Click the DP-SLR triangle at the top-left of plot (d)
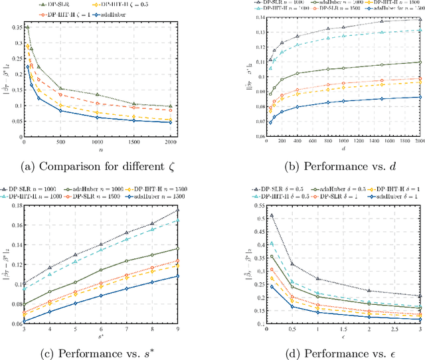pyautogui.click(x=252, y=215)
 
